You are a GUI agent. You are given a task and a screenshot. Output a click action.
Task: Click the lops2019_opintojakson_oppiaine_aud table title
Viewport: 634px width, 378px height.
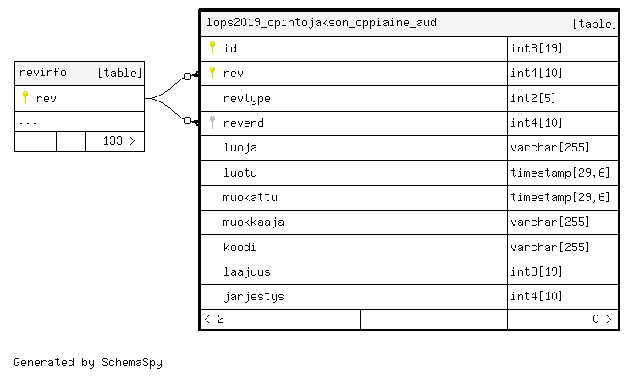(x=322, y=23)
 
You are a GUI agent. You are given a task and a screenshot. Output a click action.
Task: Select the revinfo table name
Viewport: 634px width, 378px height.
(x=43, y=73)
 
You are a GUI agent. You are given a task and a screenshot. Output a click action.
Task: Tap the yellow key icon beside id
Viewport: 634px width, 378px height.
(x=212, y=47)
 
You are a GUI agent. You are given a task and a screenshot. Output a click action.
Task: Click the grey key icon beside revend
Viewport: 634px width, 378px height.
(x=212, y=122)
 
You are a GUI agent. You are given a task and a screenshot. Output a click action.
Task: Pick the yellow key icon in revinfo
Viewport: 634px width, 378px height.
(x=25, y=97)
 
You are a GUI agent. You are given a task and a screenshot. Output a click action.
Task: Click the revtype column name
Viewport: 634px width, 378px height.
(x=246, y=99)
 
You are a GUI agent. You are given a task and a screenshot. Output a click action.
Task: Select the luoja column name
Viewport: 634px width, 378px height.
(x=240, y=148)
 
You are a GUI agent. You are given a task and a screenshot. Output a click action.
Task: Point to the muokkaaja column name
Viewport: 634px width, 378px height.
(x=254, y=222)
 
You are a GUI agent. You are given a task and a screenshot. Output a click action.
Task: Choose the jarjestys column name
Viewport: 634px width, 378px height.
(x=254, y=297)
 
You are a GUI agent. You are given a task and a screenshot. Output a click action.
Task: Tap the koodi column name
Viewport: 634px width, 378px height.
(x=240, y=247)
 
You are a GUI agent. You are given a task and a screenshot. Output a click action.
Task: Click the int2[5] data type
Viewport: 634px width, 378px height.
(x=533, y=98)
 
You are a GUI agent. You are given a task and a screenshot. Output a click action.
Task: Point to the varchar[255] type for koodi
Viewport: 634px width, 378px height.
(x=550, y=247)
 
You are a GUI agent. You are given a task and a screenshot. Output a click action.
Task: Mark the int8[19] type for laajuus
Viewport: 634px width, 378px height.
(x=536, y=271)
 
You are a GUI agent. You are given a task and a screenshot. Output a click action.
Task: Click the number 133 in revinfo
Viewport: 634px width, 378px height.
(x=113, y=140)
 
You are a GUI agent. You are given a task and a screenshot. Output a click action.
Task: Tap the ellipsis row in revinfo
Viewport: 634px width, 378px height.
(x=28, y=123)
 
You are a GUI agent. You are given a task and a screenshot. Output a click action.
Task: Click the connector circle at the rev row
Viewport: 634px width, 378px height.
(x=187, y=76)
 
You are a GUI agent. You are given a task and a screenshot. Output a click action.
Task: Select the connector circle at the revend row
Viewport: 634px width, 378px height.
(x=187, y=120)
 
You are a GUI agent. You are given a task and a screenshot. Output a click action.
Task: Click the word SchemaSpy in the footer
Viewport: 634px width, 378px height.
(x=132, y=362)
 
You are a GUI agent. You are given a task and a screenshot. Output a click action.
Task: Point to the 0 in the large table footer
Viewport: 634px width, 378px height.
(x=596, y=319)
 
